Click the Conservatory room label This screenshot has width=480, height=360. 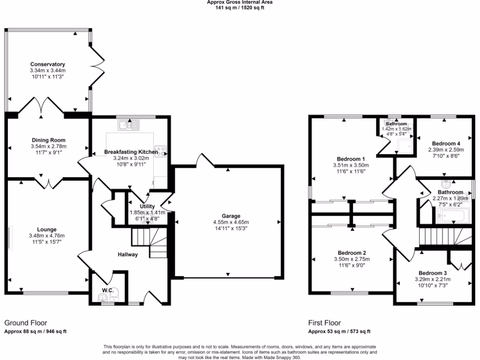[x=47, y=64]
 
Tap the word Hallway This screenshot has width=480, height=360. [x=127, y=255]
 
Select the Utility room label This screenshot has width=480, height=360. [x=147, y=206]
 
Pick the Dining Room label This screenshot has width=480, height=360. [x=48, y=140]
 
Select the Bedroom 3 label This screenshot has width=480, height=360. [x=433, y=273]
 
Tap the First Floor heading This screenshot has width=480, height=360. [x=324, y=323]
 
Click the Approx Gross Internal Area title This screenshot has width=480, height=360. [x=240, y=2]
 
